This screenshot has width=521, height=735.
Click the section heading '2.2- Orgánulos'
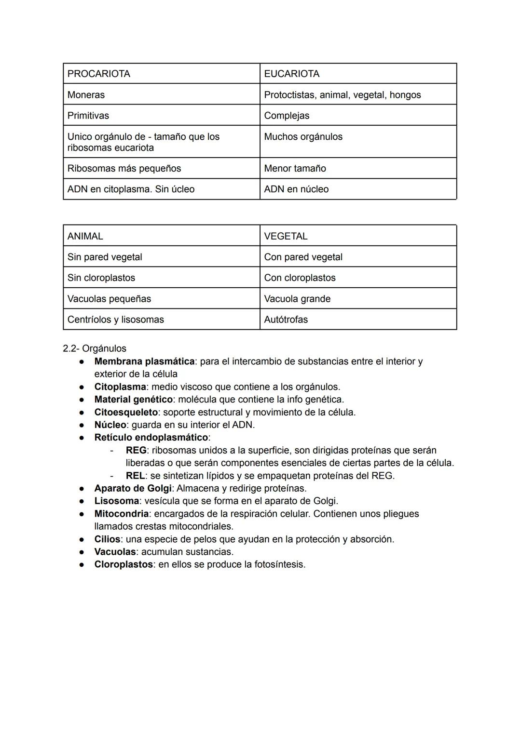coord(95,348)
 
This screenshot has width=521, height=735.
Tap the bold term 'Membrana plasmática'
coord(144,361)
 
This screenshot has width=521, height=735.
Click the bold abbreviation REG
coord(136,450)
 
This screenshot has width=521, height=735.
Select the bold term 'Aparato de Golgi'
coord(133,488)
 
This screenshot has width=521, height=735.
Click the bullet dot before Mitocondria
coord(83,514)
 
